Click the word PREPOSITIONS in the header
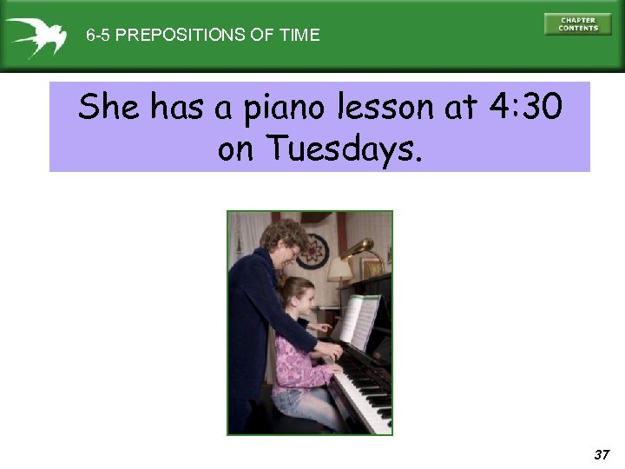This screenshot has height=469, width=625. click(174, 36)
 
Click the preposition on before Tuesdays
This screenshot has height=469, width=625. click(237, 150)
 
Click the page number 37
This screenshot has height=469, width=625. click(602, 454)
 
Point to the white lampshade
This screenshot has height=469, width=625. click(339, 271)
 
